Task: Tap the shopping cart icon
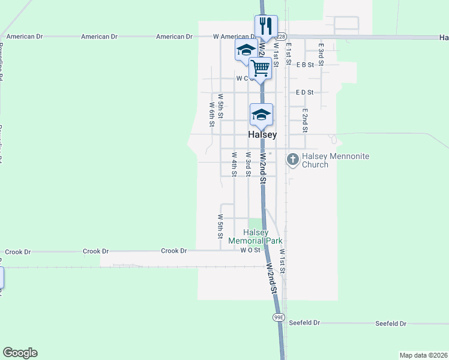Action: (x=260, y=68)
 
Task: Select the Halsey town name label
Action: (x=263, y=135)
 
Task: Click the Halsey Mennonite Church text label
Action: (x=335, y=160)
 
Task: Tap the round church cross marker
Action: (x=292, y=160)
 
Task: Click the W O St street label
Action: (x=250, y=250)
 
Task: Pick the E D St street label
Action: (x=305, y=92)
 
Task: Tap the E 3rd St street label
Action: (x=321, y=54)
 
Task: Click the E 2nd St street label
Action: (x=305, y=120)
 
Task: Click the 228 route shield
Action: (x=282, y=37)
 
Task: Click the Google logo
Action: (x=20, y=353)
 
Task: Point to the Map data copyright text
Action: (x=423, y=355)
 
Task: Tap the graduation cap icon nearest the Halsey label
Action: (x=261, y=114)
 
